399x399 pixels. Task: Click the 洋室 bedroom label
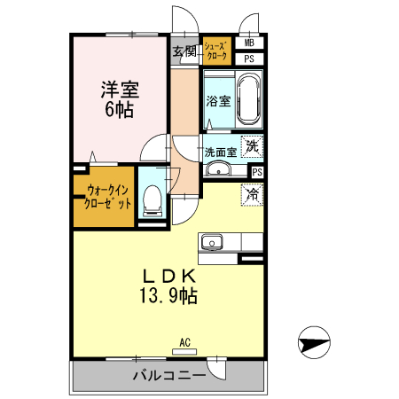point(120,90)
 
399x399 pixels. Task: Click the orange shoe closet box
point(216,50)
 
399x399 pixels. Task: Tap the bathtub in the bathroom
point(246,99)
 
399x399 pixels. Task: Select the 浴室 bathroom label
point(217,101)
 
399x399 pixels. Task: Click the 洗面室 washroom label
point(221,152)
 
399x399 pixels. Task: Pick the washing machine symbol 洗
point(252,145)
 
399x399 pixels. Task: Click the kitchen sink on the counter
point(213,242)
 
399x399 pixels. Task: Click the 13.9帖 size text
point(168,294)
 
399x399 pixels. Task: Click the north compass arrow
point(314,340)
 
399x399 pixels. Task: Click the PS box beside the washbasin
point(257,172)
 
